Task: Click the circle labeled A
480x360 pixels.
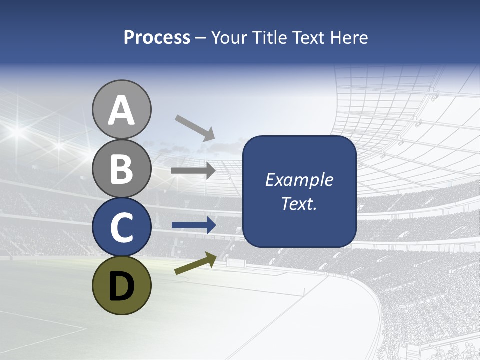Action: pyautogui.click(x=121, y=109)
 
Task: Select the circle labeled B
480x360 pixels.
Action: pyautogui.click(x=121, y=168)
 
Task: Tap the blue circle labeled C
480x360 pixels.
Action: pyautogui.click(x=121, y=227)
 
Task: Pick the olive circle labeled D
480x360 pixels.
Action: pyautogui.click(x=121, y=285)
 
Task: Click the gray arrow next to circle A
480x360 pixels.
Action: pyautogui.click(x=195, y=128)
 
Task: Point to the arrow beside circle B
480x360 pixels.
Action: pyautogui.click(x=193, y=171)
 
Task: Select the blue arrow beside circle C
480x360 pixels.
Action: pyautogui.click(x=193, y=225)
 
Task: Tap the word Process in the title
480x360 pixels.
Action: pyautogui.click(x=157, y=37)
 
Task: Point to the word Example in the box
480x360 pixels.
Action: pyautogui.click(x=299, y=180)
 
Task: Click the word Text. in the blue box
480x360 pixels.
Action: pyautogui.click(x=299, y=204)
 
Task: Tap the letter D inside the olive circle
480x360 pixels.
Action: pyautogui.click(x=121, y=286)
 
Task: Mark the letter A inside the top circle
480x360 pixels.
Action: pyautogui.click(x=121, y=110)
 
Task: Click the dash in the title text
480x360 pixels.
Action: pyautogui.click(x=201, y=38)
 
